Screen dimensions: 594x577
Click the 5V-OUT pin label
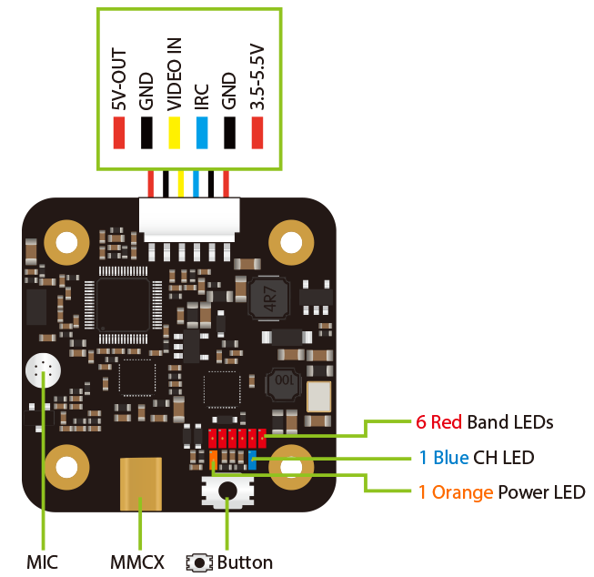click(119, 79)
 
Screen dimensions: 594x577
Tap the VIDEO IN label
click(175, 75)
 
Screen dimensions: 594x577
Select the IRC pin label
click(202, 97)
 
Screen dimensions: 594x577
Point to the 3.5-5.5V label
click(257, 77)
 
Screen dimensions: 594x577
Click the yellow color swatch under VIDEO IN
click(175, 133)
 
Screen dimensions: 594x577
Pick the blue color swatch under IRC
click(202, 133)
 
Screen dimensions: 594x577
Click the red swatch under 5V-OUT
click(119, 133)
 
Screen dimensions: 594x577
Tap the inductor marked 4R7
click(269, 298)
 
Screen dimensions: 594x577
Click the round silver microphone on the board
click(43, 370)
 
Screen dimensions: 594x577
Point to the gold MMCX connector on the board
click(141, 484)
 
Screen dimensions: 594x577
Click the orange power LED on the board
click(213, 460)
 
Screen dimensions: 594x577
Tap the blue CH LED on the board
click(252, 460)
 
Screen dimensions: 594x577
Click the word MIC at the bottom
click(42, 562)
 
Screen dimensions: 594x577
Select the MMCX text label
click(137, 562)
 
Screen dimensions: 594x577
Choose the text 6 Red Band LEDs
click(485, 422)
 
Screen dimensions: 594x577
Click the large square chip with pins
click(123, 305)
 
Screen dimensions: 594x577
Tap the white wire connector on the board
click(189, 220)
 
